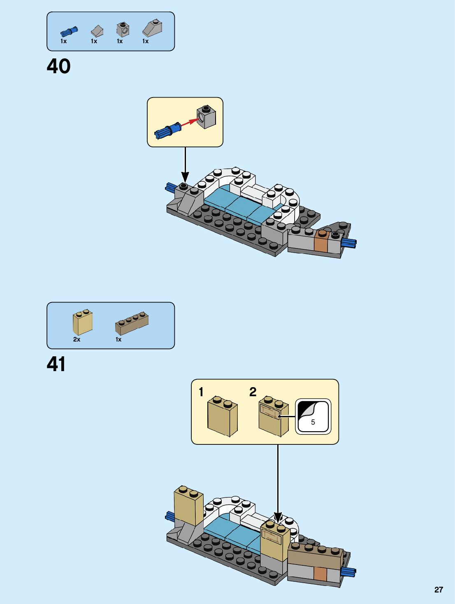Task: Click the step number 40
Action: pos(58,66)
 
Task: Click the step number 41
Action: pos(56,364)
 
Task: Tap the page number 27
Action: pos(439,590)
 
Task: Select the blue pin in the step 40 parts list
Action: pos(69,31)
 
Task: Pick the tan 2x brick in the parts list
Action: pos(82,323)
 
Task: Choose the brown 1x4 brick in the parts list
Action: pos(132,323)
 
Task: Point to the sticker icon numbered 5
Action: pos(313,416)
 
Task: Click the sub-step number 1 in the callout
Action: pos(201,392)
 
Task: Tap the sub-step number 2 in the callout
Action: pos(253,392)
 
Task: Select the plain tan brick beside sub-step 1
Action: pos(222,416)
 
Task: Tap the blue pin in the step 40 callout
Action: pos(167,131)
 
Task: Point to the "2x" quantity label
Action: pos(77,339)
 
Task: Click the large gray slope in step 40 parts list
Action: pos(152,28)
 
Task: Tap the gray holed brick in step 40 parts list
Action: pos(123,29)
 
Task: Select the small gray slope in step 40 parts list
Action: pos(97,31)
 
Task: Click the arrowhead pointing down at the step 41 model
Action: pos(278,516)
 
